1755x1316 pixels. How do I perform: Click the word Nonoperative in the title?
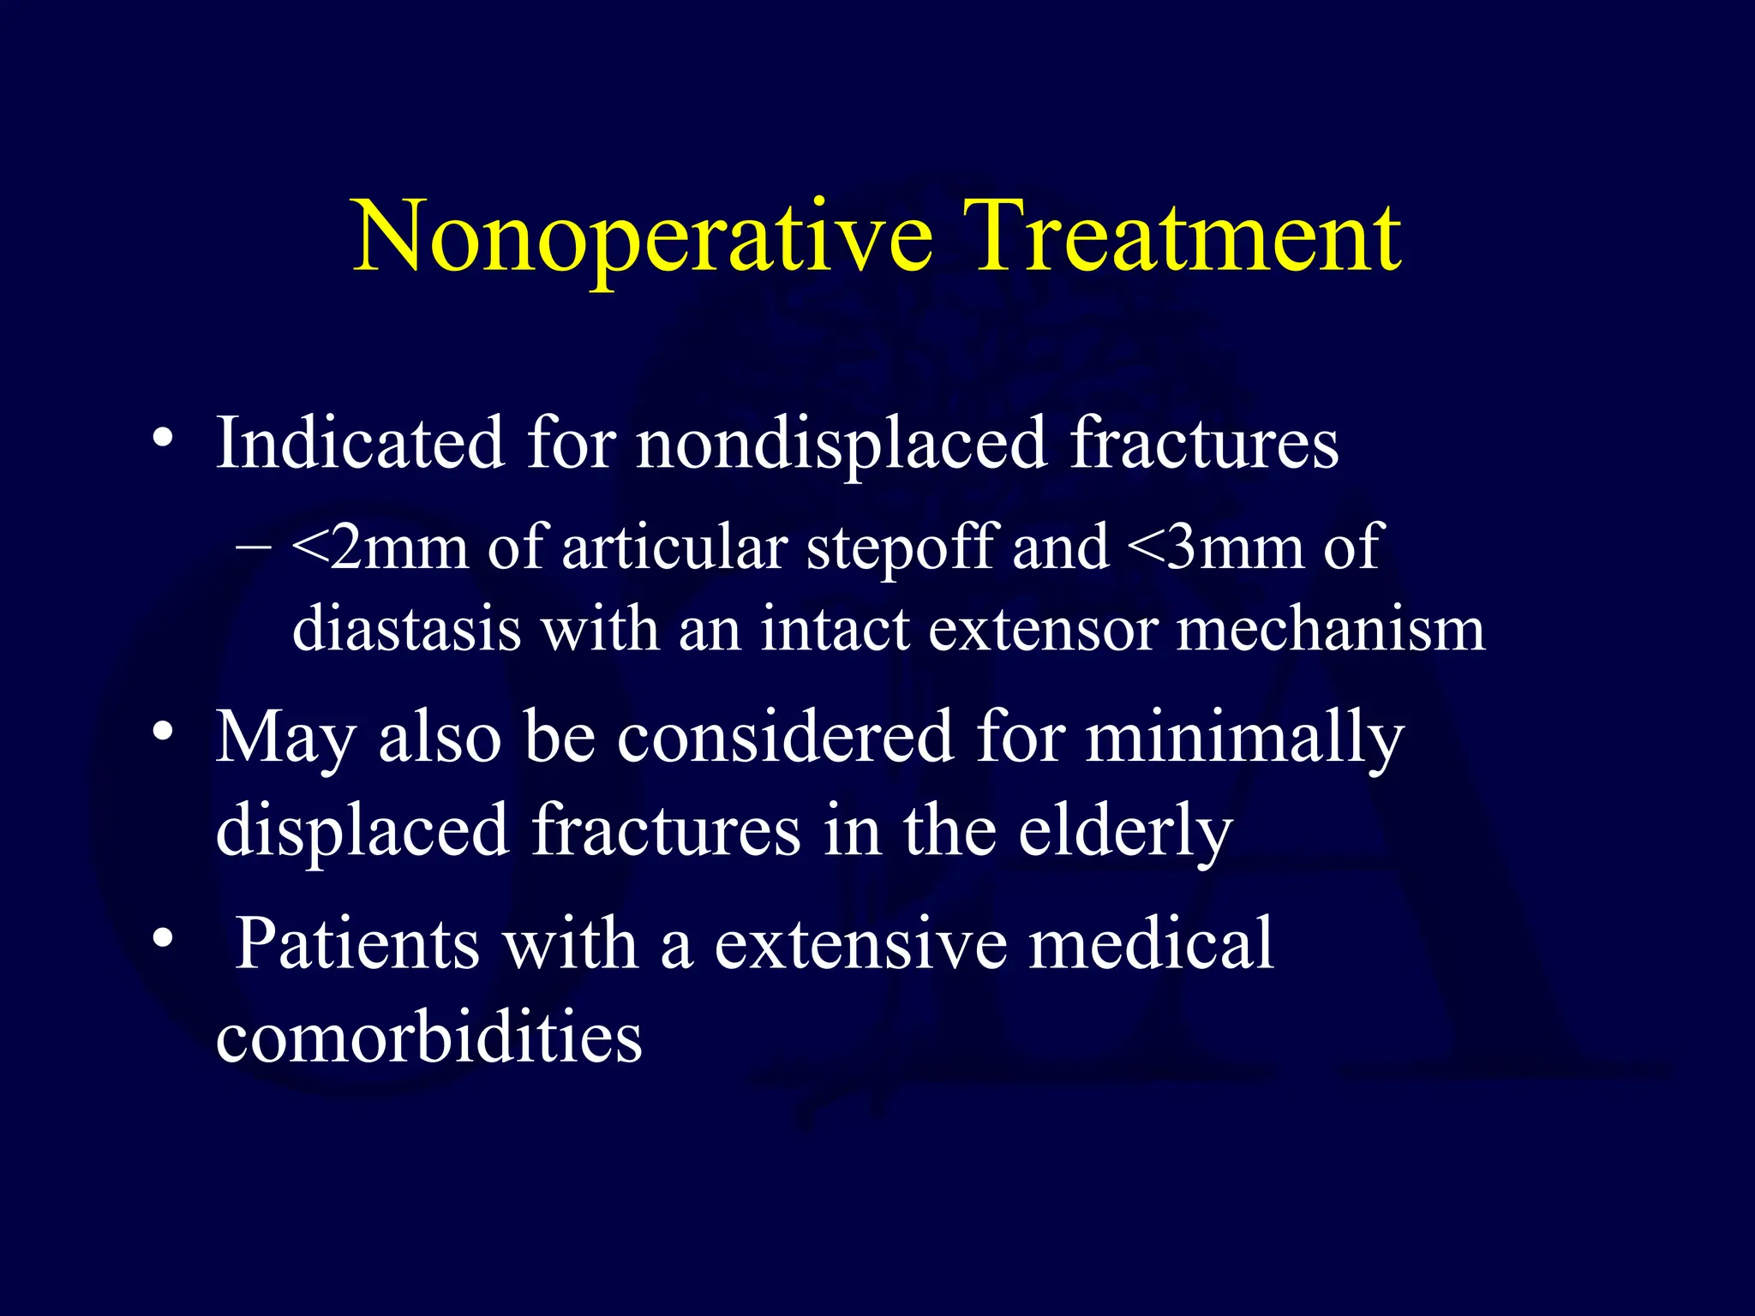pos(643,238)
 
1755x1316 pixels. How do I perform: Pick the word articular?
pos(674,547)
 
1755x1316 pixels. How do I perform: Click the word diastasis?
pos(406,629)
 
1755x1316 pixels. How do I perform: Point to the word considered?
pos(785,737)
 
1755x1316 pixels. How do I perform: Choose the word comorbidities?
pos(429,1038)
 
